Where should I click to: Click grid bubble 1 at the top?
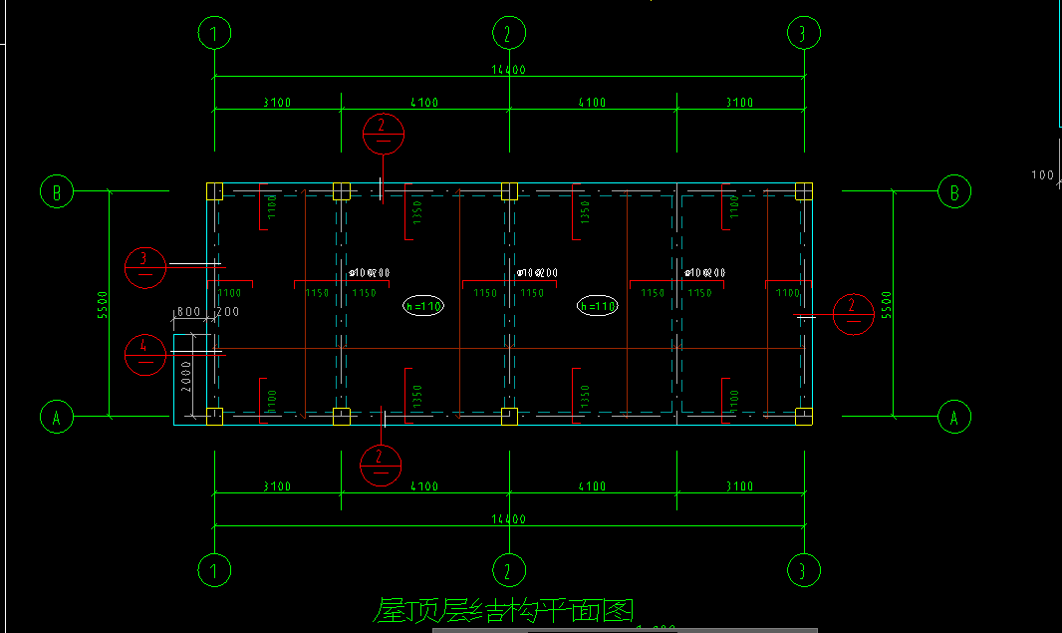214,34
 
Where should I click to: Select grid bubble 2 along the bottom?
509,570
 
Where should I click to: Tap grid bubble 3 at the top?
803,34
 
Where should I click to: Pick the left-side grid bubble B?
57,191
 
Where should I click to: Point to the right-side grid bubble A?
954,417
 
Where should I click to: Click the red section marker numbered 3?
145,266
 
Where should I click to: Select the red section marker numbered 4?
145,354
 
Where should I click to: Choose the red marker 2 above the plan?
384,133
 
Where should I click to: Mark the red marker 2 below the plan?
381,465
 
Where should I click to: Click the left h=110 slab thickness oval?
423,306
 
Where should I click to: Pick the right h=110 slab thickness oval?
598,306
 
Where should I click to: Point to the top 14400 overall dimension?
508,71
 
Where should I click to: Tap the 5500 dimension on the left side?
103,304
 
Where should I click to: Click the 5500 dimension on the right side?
887,304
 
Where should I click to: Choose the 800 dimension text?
187,312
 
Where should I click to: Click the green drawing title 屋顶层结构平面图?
503,610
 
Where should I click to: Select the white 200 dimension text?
228,312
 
